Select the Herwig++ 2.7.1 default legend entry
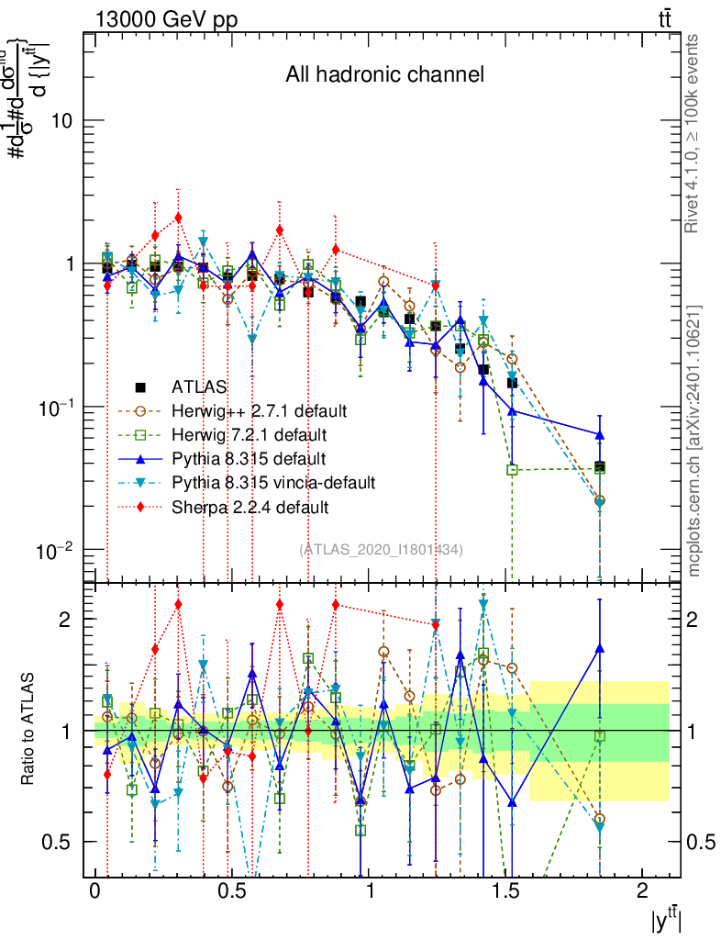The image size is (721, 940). click(x=252, y=410)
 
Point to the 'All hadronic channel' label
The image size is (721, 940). click(x=383, y=74)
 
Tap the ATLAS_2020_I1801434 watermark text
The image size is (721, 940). click(x=381, y=549)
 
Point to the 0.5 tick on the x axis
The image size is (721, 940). click(x=232, y=891)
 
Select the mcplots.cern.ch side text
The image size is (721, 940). click(x=694, y=441)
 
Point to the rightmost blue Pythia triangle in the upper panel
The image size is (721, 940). click(x=600, y=435)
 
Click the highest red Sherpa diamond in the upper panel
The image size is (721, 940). click(x=178, y=218)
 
